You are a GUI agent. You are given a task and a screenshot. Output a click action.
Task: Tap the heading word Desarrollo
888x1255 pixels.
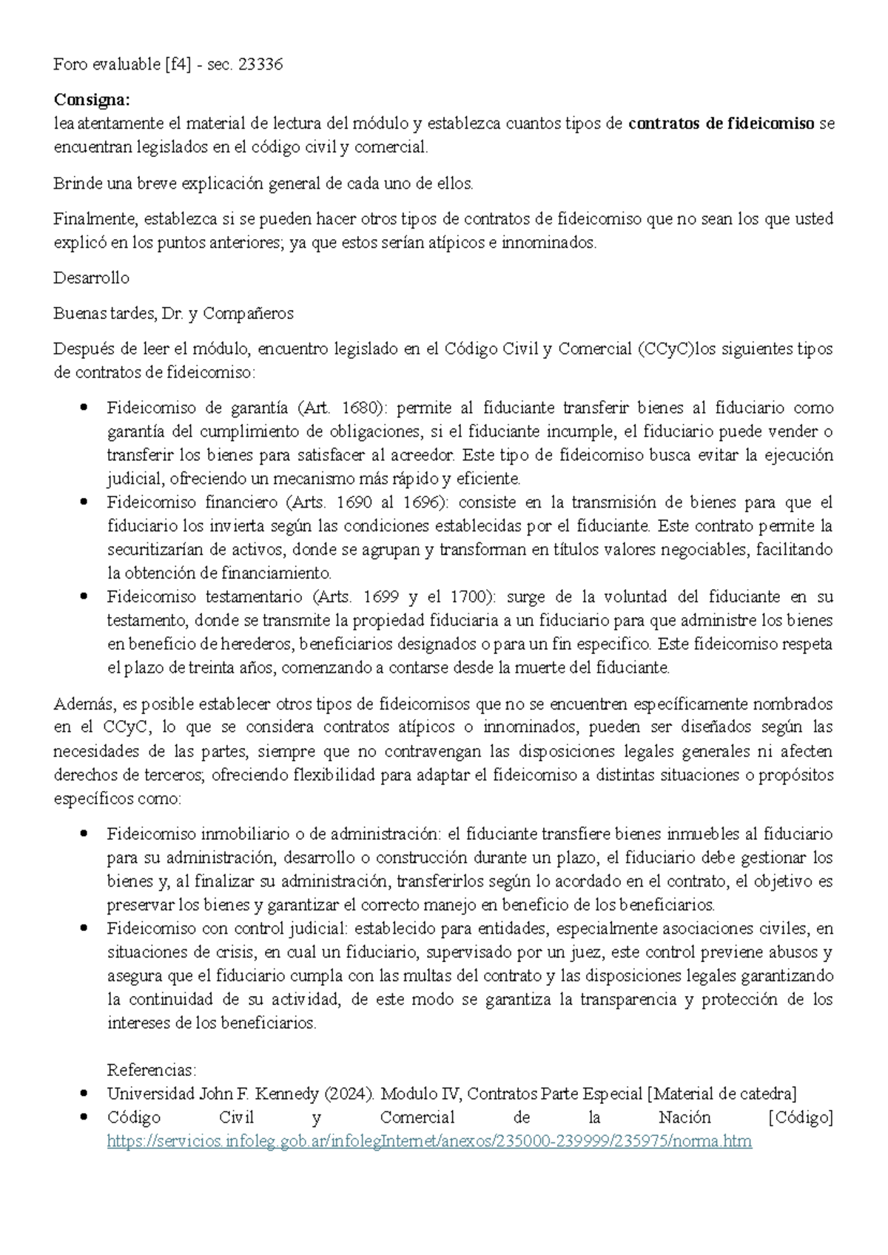point(92,278)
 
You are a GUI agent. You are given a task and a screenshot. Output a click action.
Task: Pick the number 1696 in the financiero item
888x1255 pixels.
point(422,502)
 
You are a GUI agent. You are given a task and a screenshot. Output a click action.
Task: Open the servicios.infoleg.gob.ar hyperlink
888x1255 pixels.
point(429,1141)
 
